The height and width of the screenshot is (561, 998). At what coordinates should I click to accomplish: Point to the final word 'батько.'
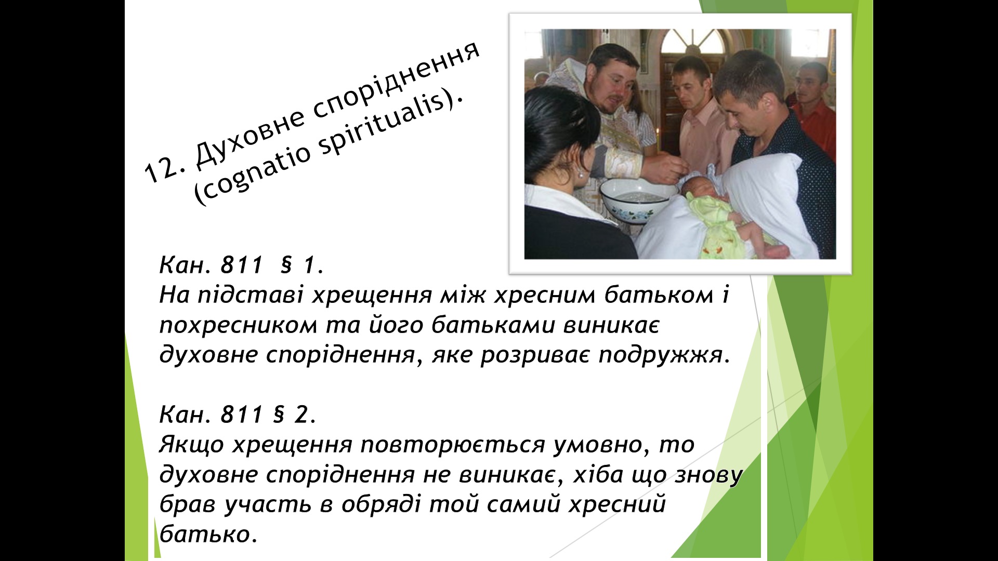(208, 533)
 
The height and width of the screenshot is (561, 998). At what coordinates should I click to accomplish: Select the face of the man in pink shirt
(691, 86)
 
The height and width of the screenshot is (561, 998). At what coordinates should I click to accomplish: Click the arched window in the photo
(693, 42)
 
